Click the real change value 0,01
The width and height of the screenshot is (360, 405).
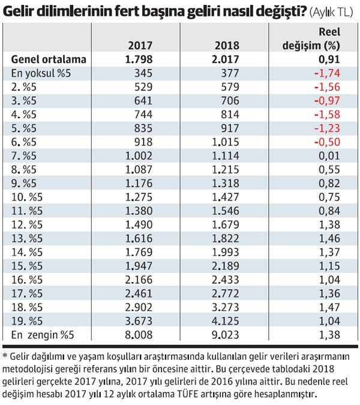pyautogui.click(x=329, y=156)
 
